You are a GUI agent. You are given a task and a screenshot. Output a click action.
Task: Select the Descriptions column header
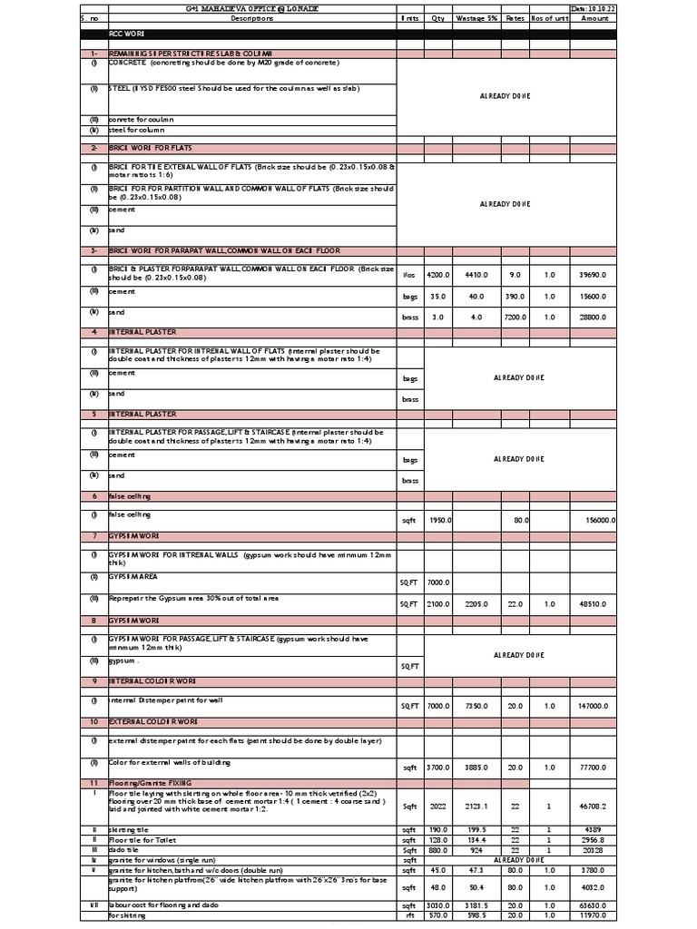coord(245,17)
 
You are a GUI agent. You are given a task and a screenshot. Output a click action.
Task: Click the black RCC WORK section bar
coord(348,34)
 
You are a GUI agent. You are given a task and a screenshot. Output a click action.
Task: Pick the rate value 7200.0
coord(515,318)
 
